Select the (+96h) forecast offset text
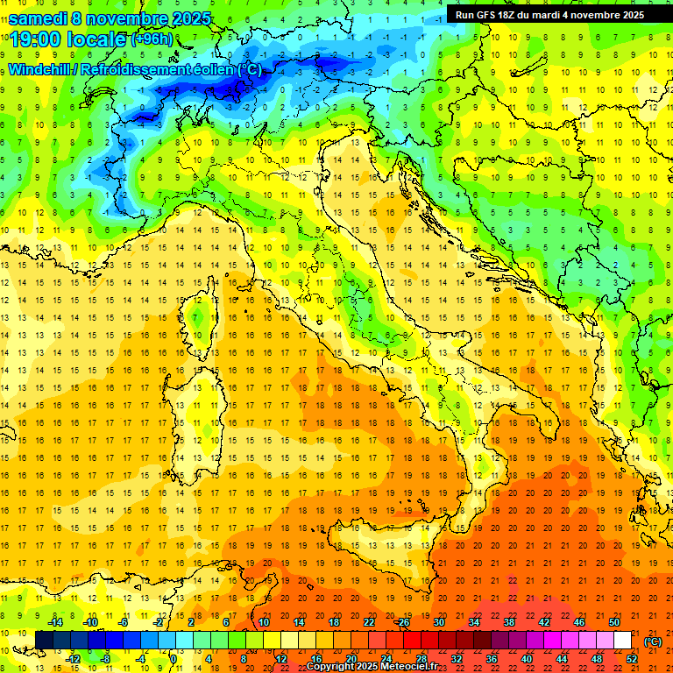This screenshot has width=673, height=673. [152, 39]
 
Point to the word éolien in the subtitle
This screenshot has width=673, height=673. [214, 70]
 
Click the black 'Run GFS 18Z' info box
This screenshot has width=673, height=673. [549, 15]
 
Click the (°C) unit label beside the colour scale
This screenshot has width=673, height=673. [653, 641]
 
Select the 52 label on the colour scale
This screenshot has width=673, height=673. [632, 659]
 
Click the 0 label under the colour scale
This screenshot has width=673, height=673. [173, 659]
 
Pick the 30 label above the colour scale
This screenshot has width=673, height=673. [438, 621]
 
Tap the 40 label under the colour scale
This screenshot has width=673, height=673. [527, 659]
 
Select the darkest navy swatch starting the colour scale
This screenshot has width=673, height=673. [44, 640]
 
